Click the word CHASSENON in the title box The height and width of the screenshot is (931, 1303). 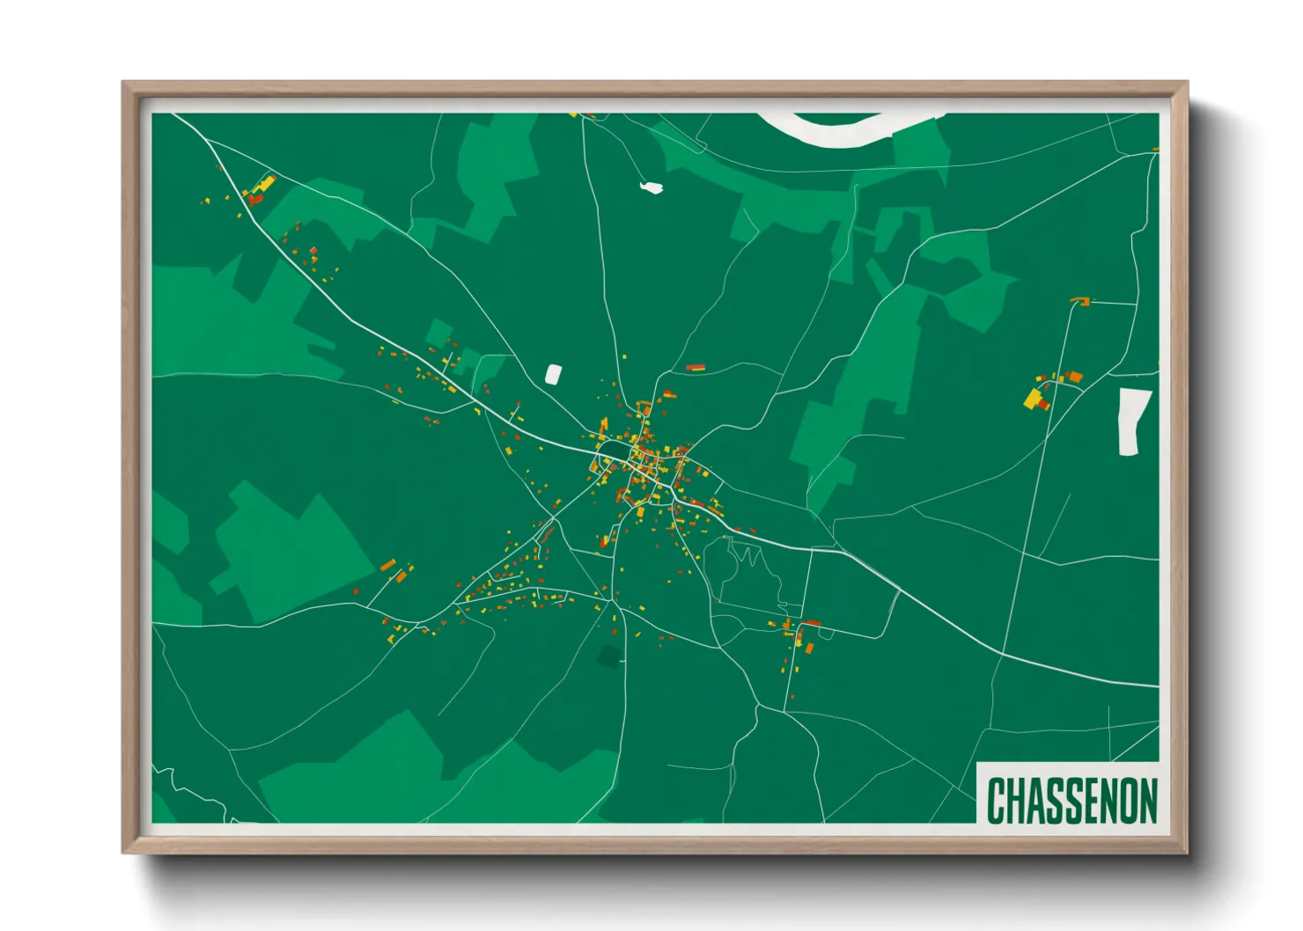click(x=1071, y=801)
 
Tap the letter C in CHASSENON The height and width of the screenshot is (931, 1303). click(x=996, y=801)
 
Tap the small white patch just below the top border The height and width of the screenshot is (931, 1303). click(x=651, y=187)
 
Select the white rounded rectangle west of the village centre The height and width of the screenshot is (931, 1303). click(x=553, y=375)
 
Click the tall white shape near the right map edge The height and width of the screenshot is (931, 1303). click(x=1131, y=422)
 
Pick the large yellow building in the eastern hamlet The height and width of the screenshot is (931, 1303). click(x=1033, y=399)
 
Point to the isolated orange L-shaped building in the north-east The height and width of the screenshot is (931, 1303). click(x=1082, y=302)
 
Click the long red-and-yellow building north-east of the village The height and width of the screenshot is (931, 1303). click(x=696, y=367)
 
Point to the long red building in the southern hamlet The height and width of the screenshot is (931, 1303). click(x=812, y=623)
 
